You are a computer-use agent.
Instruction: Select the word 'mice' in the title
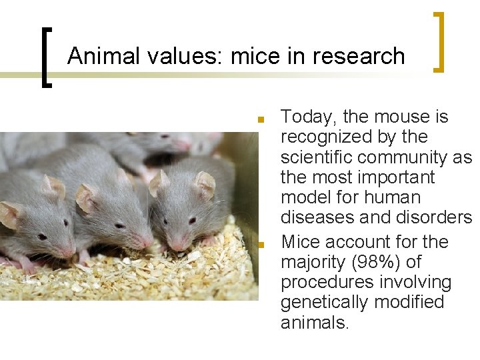pos(255,56)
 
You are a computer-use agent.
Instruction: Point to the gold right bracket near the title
pos(438,41)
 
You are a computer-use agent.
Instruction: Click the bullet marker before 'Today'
pos(261,121)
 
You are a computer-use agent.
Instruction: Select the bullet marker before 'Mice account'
pos(261,245)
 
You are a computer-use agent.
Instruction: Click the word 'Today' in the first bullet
pos(309,117)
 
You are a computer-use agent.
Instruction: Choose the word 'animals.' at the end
pos(315,323)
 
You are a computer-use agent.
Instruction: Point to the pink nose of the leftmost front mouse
pos(67,252)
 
